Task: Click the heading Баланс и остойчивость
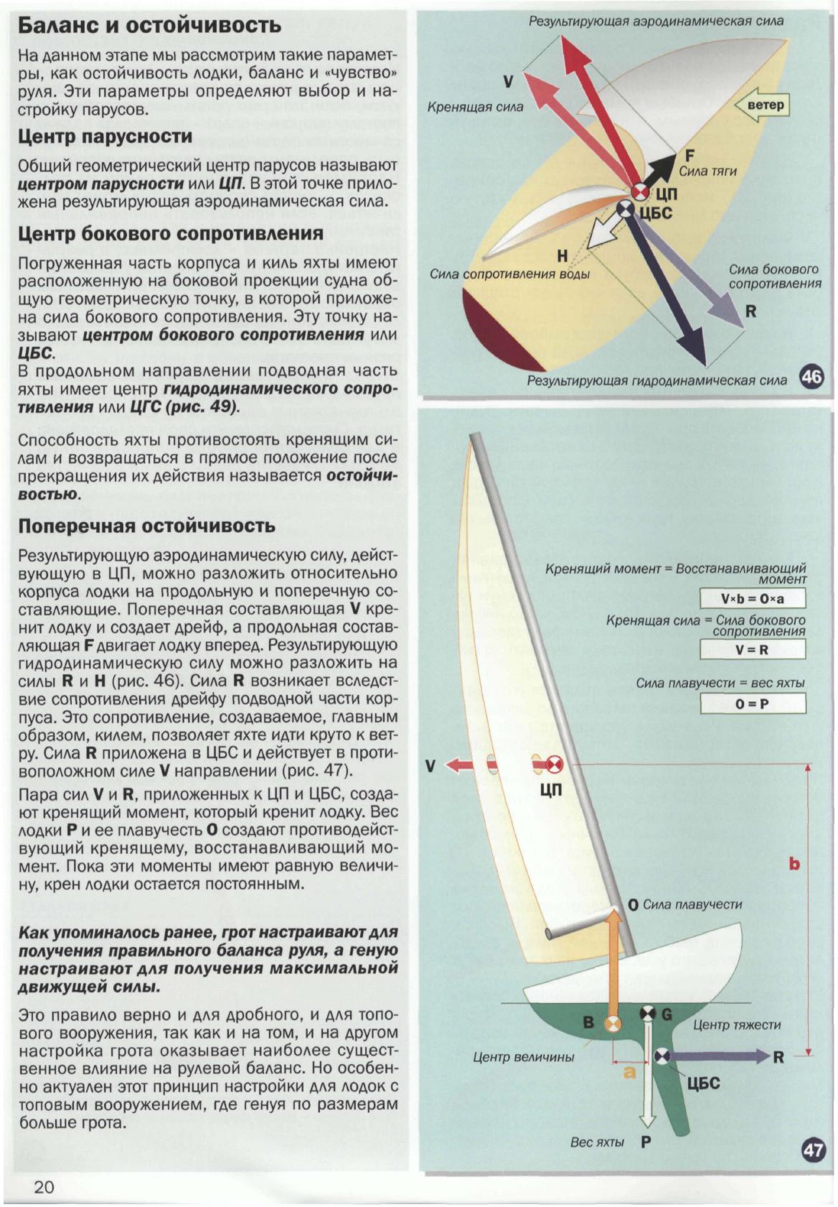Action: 149,25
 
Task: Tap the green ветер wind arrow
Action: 762,106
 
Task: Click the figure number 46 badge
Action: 811,376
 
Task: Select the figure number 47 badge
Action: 812,1150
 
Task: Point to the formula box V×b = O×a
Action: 753,599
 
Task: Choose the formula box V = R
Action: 753,650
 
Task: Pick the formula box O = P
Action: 753,704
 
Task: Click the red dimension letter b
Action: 794,864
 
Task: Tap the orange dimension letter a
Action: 629,1072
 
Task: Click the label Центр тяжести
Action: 737,1025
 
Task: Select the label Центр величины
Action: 523,1057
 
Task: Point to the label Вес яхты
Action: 597,1142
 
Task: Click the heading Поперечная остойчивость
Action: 146,526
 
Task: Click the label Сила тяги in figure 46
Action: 707,171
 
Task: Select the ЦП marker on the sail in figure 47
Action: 555,765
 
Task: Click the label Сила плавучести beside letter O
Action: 692,904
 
